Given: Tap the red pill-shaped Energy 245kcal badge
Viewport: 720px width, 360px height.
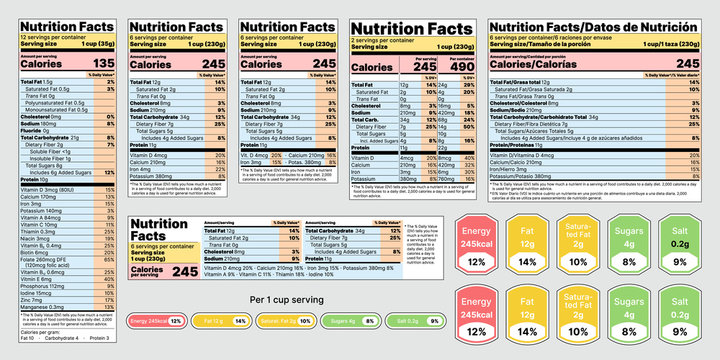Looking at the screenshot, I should click(156, 322).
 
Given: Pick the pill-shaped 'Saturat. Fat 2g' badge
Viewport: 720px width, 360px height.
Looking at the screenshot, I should click(283, 322).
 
